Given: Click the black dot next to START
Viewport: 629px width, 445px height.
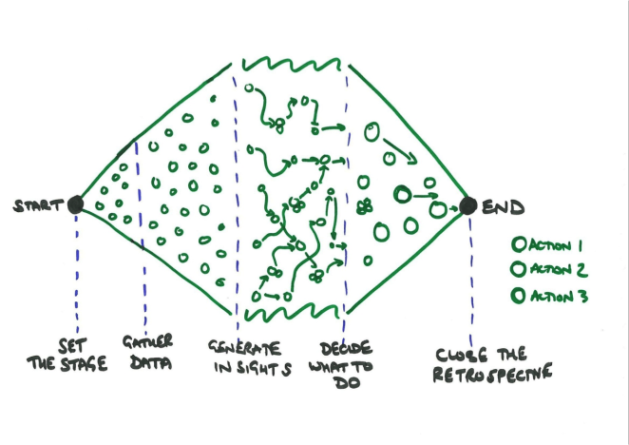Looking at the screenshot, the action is (x=75, y=204).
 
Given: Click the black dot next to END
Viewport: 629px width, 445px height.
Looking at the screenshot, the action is (x=468, y=206).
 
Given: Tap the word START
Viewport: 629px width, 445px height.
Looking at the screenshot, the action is (x=39, y=205).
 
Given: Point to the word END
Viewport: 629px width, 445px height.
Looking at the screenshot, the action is (x=503, y=207).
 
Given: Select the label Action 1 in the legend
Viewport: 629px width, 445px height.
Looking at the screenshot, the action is (x=556, y=245).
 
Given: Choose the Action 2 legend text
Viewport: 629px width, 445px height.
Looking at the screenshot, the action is (x=558, y=269).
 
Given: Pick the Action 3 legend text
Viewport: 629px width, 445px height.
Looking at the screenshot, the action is (x=559, y=297).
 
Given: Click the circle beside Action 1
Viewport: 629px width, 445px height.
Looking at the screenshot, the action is (x=519, y=244).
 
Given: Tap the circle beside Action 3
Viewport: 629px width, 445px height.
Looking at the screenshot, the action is (x=518, y=296).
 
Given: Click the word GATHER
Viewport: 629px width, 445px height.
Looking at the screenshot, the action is (x=147, y=341).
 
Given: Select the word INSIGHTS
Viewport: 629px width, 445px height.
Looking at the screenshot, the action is (x=253, y=369).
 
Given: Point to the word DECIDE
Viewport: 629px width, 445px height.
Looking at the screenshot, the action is (x=346, y=349).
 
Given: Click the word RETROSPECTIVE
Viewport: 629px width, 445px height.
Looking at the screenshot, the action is (x=492, y=374).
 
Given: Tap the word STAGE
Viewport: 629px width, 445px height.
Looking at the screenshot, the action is (x=84, y=363).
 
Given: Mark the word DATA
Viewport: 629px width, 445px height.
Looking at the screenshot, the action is (x=151, y=362).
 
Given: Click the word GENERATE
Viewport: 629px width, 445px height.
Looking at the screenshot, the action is (x=244, y=348).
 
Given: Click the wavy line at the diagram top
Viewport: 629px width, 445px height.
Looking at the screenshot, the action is (x=292, y=64).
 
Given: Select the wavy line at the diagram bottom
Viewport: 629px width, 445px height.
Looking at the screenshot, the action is (x=292, y=312).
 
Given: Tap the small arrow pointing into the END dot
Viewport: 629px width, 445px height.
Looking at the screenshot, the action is (x=453, y=209).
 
